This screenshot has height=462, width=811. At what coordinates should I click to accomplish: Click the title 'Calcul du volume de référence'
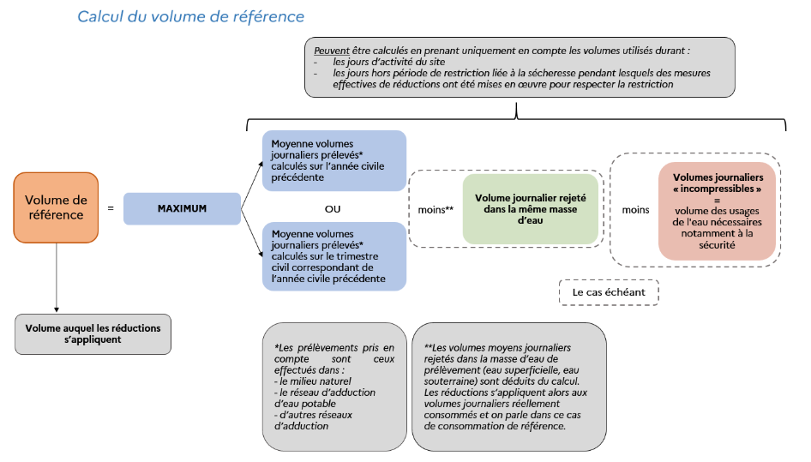pyautogui.click(x=191, y=16)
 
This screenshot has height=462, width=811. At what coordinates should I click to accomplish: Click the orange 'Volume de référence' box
pyautogui.click(x=56, y=207)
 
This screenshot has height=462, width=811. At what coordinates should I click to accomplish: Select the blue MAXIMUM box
pyautogui.click(x=182, y=208)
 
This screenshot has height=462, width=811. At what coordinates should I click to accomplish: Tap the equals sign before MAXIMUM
pyautogui.click(x=111, y=208)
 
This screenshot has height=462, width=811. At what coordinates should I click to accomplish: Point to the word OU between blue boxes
pyautogui.click(x=333, y=209)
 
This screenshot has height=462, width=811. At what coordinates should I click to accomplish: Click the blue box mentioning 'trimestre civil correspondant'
pyautogui.click(x=334, y=256)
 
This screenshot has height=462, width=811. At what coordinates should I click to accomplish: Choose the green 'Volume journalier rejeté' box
pyautogui.click(x=530, y=209)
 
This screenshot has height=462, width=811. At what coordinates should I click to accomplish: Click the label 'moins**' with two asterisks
pyautogui.click(x=436, y=209)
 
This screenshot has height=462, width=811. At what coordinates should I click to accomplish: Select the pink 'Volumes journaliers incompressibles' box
pyautogui.click(x=717, y=211)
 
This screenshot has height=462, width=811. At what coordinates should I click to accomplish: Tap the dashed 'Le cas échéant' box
pyautogui.click(x=609, y=292)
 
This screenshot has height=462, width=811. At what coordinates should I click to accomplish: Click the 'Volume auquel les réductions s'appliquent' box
pyautogui.click(x=93, y=333)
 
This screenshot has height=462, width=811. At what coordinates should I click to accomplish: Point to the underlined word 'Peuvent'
pyautogui.click(x=332, y=51)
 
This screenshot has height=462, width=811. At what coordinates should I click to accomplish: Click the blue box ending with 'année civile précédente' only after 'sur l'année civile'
pyautogui.click(x=334, y=160)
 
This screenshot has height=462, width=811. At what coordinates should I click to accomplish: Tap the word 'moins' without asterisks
pyautogui.click(x=635, y=209)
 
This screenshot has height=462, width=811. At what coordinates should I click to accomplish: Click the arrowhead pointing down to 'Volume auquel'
pyautogui.click(x=57, y=309)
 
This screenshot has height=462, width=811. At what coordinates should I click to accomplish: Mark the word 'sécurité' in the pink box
pyautogui.click(x=717, y=244)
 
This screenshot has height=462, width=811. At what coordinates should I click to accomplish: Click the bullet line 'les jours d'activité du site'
pyautogui.click(x=389, y=62)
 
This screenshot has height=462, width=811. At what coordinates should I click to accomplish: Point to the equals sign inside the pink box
pyautogui.click(x=717, y=201)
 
